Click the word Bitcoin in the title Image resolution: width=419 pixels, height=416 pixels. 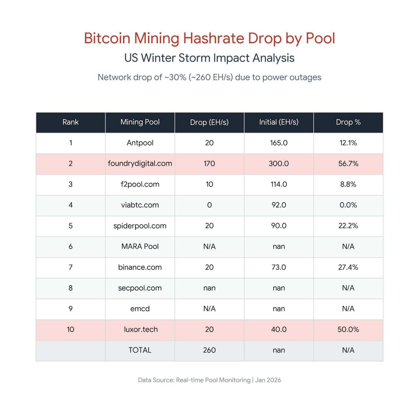(107, 38)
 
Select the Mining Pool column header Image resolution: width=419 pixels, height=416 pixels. (140, 122)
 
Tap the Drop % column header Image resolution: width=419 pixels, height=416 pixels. (348, 122)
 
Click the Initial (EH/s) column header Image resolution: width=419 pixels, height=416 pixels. (279, 122)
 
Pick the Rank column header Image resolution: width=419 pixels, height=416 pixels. (70, 122)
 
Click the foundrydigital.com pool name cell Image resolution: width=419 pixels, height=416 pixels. (140, 164)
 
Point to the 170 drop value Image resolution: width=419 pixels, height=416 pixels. (209, 164)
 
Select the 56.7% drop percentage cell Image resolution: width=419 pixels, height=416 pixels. (348, 164)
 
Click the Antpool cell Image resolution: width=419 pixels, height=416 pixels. (140, 143)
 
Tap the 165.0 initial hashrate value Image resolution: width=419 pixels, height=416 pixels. (279, 143)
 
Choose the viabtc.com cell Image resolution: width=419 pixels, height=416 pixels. (140, 205)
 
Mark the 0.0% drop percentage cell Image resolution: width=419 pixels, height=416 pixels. (348, 205)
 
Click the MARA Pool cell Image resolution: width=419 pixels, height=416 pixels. (140, 247)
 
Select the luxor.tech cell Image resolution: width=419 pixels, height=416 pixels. (141, 329)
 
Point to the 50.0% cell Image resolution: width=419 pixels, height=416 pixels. (348, 329)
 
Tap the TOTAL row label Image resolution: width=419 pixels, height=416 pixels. (140, 350)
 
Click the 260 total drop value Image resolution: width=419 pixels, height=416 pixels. (209, 350)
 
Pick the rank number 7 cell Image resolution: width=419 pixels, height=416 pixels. (70, 267)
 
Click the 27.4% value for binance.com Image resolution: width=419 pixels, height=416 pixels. (348, 267)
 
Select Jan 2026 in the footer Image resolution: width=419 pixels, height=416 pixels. (268, 380)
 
